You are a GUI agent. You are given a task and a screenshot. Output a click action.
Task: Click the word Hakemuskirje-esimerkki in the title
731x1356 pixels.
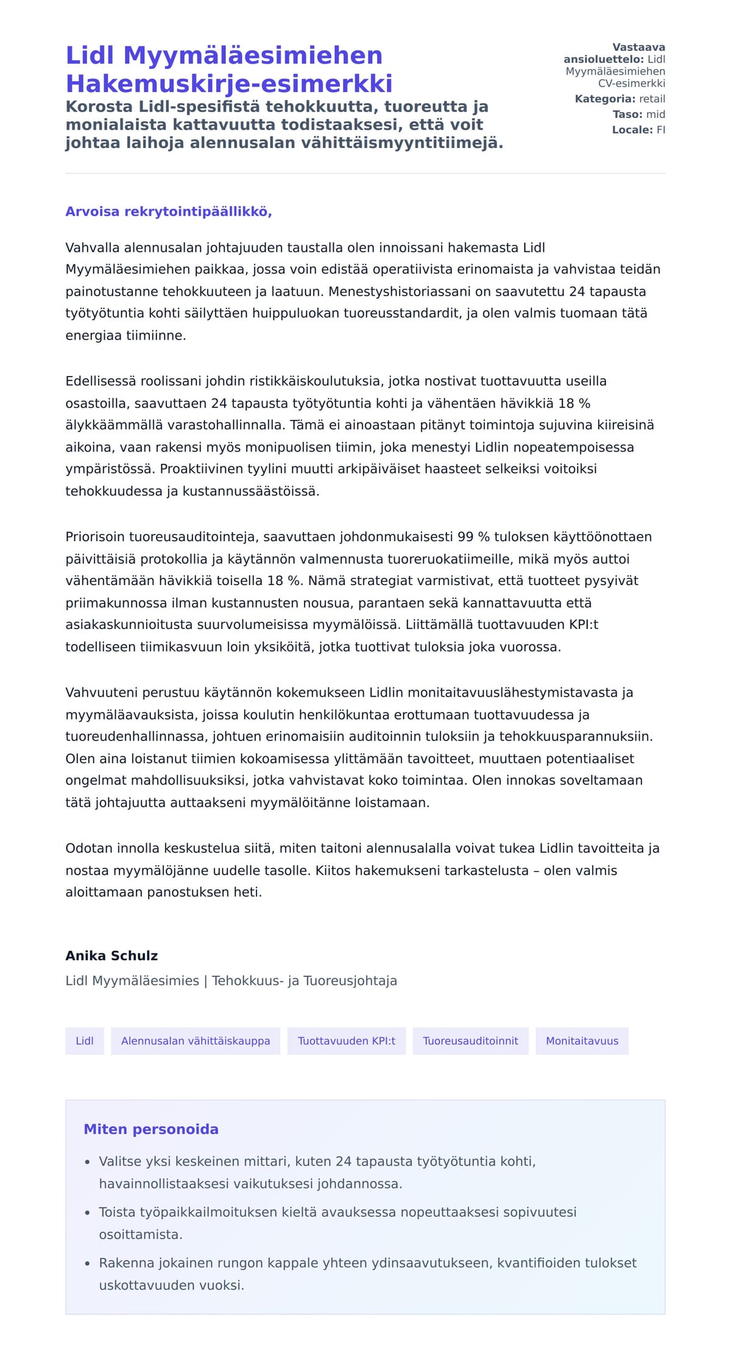(x=229, y=83)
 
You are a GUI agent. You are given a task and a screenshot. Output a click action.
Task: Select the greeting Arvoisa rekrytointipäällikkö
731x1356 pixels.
(x=168, y=211)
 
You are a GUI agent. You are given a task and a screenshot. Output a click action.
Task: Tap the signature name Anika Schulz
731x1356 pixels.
(x=111, y=956)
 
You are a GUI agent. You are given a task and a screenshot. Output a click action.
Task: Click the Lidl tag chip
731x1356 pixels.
(x=85, y=1041)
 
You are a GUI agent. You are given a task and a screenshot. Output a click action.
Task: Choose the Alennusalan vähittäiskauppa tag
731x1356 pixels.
(x=196, y=1041)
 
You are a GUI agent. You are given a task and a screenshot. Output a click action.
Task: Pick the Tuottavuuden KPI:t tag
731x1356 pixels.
(x=347, y=1041)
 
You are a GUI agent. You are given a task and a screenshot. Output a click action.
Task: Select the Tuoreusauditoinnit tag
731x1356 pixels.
(x=470, y=1041)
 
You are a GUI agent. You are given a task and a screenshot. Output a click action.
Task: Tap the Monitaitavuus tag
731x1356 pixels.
(x=582, y=1041)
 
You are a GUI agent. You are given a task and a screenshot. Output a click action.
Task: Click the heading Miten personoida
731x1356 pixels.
(x=151, y=1129)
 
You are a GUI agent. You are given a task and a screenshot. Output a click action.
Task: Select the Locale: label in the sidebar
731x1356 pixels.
(x=632, y=130)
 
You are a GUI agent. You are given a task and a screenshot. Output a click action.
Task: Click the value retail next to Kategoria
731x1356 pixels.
(x=652, y=99)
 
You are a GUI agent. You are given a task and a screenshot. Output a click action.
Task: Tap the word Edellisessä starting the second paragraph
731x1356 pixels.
(x=101, y=382)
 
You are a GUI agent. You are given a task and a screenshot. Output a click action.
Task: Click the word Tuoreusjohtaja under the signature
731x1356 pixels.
(x=350, y=981)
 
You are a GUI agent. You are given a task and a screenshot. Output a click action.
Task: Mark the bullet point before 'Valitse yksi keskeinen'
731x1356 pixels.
(x=88, y=1162)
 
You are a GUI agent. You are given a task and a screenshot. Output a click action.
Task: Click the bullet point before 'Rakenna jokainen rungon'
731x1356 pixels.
(x=88, y=1263)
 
